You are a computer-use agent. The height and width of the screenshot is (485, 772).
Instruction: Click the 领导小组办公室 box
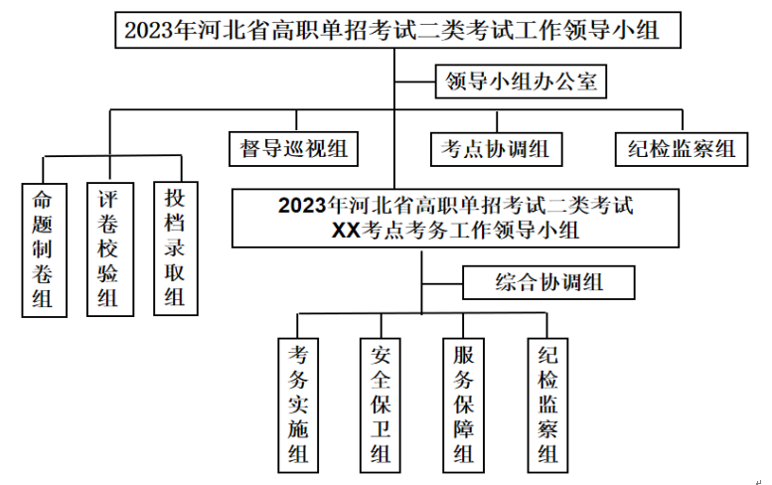(522, 81)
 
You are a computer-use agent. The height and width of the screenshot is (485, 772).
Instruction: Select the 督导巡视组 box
(293, 148)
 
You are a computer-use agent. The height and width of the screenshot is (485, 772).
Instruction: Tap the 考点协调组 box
(496, 148)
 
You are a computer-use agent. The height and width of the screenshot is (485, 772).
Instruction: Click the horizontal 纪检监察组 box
(682, 148)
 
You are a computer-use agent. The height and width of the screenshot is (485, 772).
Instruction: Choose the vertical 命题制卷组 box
(44, 247)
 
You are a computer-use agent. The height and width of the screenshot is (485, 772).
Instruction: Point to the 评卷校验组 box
(108, 247)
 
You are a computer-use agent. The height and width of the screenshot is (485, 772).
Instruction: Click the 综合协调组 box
(549, 282)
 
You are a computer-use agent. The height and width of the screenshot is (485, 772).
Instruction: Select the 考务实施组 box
(297, 404)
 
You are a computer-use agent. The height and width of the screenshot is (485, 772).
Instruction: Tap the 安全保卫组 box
(381, 404)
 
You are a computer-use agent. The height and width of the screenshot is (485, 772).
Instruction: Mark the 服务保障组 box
(463, 404)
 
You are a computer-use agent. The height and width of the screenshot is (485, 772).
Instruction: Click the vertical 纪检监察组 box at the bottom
(547, 404)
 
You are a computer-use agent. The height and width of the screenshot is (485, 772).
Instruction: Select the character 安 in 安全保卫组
(381, 355)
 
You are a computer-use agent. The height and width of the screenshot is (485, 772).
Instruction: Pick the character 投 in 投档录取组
(175, 197)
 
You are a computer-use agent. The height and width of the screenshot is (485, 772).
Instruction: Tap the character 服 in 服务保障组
(463, 355)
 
